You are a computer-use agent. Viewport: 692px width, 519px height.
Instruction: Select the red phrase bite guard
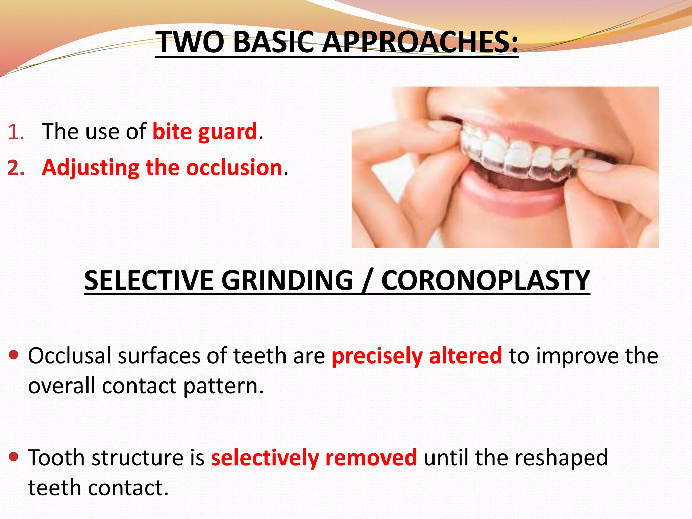205,131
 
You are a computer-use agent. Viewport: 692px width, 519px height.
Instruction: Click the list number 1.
15,132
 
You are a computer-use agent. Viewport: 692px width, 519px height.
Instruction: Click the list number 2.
16,168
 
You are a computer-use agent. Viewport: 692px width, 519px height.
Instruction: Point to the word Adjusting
90,168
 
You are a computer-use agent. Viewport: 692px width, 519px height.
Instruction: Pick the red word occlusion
234,168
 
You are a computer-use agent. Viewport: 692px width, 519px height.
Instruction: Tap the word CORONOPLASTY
485,280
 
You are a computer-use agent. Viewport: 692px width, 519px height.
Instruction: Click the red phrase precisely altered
417,356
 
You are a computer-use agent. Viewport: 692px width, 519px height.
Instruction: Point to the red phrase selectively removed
314,458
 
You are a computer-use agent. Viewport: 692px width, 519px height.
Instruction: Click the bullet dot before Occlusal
14,355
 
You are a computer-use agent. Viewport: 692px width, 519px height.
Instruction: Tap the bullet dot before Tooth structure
14,457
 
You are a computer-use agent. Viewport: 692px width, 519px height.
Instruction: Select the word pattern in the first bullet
223,386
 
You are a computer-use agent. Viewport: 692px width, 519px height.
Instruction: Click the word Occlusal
69,356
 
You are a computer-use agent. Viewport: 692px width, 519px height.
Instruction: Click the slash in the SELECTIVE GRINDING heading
367,281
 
